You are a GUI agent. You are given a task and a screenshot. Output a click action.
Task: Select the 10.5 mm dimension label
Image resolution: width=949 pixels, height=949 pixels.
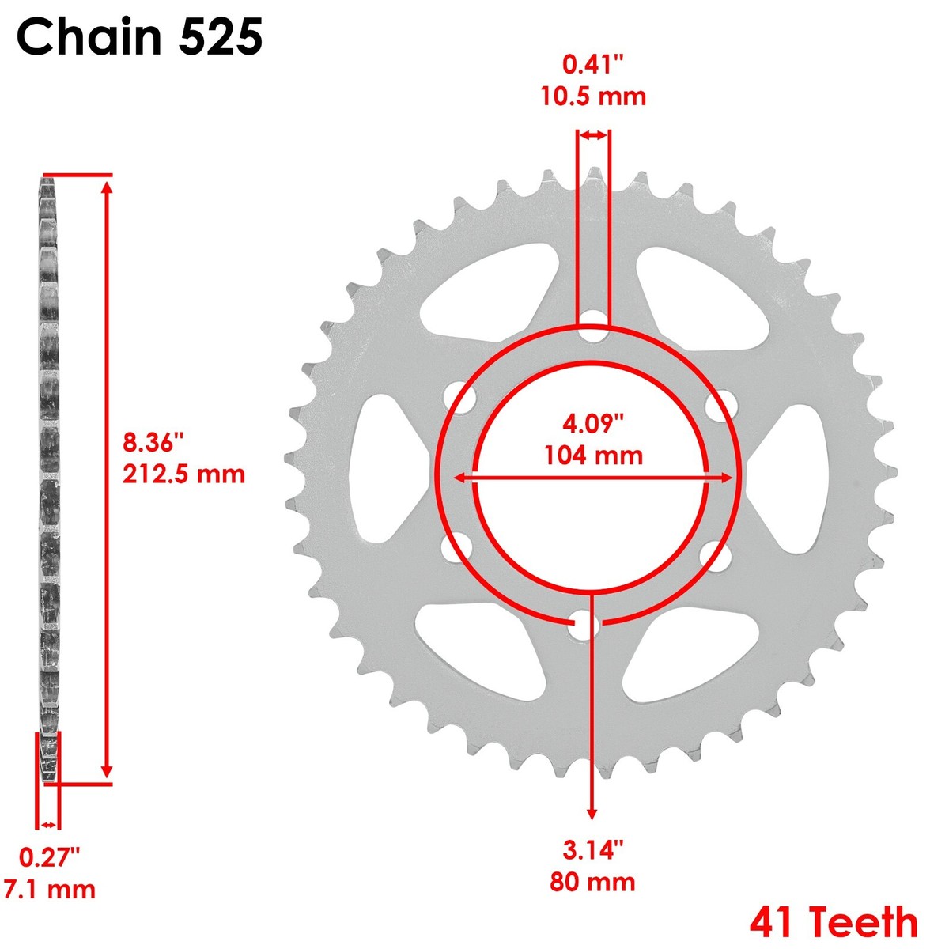click(x=593, y=96)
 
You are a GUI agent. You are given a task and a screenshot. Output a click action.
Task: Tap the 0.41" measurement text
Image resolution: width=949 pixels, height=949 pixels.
click(x=593, y=64)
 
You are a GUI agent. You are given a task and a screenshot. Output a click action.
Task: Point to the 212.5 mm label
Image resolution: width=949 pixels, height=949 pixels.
click(x=183, y=474)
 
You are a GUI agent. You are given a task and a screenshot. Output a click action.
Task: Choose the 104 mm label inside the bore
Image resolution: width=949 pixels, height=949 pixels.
click(x=593, y=456)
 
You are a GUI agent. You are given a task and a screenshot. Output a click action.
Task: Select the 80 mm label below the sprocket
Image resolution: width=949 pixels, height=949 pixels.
click(x=593, y=881)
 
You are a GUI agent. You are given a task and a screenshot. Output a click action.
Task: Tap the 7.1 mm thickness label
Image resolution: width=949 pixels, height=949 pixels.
click(x=49, y=889)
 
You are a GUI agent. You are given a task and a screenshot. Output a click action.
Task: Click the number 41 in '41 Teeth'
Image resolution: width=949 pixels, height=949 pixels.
click(x=775, y=922)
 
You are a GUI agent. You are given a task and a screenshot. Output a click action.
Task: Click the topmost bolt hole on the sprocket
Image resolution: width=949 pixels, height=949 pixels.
click(x=593, y=332)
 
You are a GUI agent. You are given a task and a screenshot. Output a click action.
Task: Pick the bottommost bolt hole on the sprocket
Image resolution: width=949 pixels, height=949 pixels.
click(x=586, y=626)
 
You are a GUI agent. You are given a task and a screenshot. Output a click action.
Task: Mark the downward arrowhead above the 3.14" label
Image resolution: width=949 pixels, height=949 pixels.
click(x=592, y=814)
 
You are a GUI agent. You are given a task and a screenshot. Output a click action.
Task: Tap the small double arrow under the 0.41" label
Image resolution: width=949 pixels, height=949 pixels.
click(x=593, y=136)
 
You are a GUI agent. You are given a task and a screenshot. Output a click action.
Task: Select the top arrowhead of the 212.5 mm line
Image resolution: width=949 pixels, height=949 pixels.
click(x=108, y=187)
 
